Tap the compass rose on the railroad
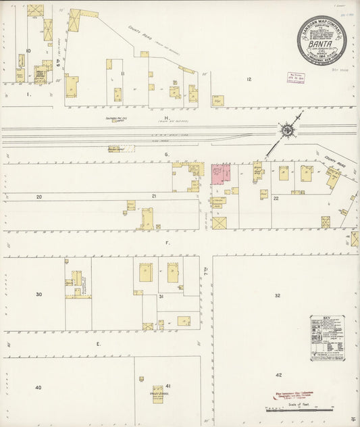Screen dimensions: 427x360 click(x=287, y=128)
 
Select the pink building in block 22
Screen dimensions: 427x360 click(x=220, y=174)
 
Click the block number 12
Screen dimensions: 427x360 click(x=249, y=80)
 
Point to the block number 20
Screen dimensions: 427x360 click(x=39, y=197)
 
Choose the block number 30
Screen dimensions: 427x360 click(x=38, y=294)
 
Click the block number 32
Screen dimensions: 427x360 click(x=277, y=296)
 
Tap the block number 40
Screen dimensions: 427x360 click(x=38, y=387)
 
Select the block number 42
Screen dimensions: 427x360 click(x=278, y=374)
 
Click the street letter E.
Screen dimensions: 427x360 click(x=98, y=344)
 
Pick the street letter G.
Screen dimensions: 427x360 click(x=166, y=155)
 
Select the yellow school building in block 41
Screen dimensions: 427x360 click(x=157, y=393)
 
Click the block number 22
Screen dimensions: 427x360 click(x=276, y=198)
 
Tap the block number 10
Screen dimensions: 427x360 click(x=28, y=51)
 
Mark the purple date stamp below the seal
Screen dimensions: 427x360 click(x=296, y=78)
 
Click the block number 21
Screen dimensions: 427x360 click(x=154, y=196)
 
